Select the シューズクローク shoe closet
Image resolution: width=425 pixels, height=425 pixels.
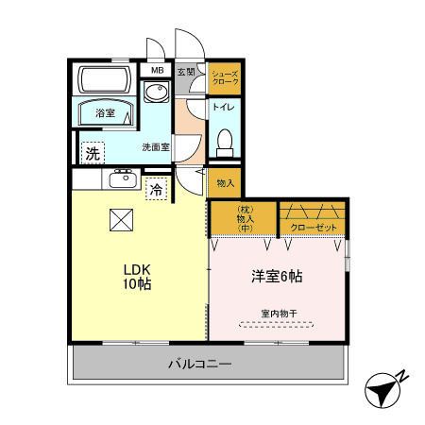click(x=224, y=77)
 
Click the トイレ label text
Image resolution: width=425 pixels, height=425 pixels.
click(x=223, y=107)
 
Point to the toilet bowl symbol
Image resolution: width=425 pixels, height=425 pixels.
click(x=224, y=142)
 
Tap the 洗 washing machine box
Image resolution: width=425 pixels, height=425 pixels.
click(x=92, y=152)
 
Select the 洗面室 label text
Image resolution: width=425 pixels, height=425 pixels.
click(x=156, y=147)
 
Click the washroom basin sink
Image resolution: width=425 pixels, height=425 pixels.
click(x=154, y=93)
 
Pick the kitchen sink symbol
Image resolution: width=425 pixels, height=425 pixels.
click(x=122, y=178)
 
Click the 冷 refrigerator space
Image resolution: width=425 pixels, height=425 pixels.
click(x=155, y=189)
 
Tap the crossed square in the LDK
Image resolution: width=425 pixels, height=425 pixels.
click(x=122, y=219)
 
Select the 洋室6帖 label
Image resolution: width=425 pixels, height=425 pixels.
click(x=277, y=277)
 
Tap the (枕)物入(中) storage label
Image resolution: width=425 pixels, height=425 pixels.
click(x=243, y=218)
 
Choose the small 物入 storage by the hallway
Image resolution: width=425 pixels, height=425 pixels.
click(x=225, y=183)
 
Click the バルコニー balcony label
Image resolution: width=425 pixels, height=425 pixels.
click(x=205, y=363)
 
